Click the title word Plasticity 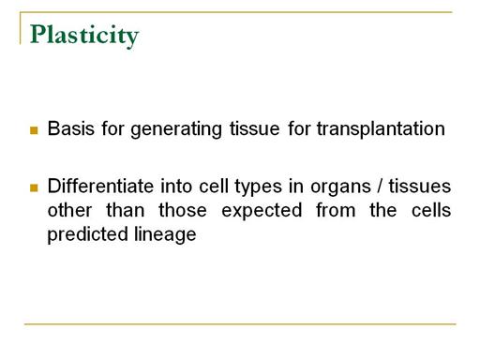tap(84, 36)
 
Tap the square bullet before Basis tap(34, 130)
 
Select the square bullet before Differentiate tap(34, 187)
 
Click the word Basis tap(70, 128)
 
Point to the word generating tap(176, 130)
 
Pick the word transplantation tap(381, 129)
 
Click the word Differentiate tap(100, 186)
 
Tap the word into tap(176, 186)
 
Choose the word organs tap(340, 188)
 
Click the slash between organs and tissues tap(380, 187)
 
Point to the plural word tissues tap(420, 187)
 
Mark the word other tap(69, 210)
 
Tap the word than tap(126, 210)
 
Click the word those tap(183, 210)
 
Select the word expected tap(262, 212)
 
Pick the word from tap(336, 210)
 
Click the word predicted tap(88, 235)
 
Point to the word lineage tap(165, 235)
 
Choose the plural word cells tap(431, 210)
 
